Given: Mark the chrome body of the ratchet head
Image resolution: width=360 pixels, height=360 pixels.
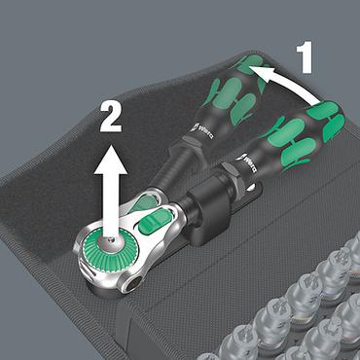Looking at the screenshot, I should pyautogui.click(x=156, y=258).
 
